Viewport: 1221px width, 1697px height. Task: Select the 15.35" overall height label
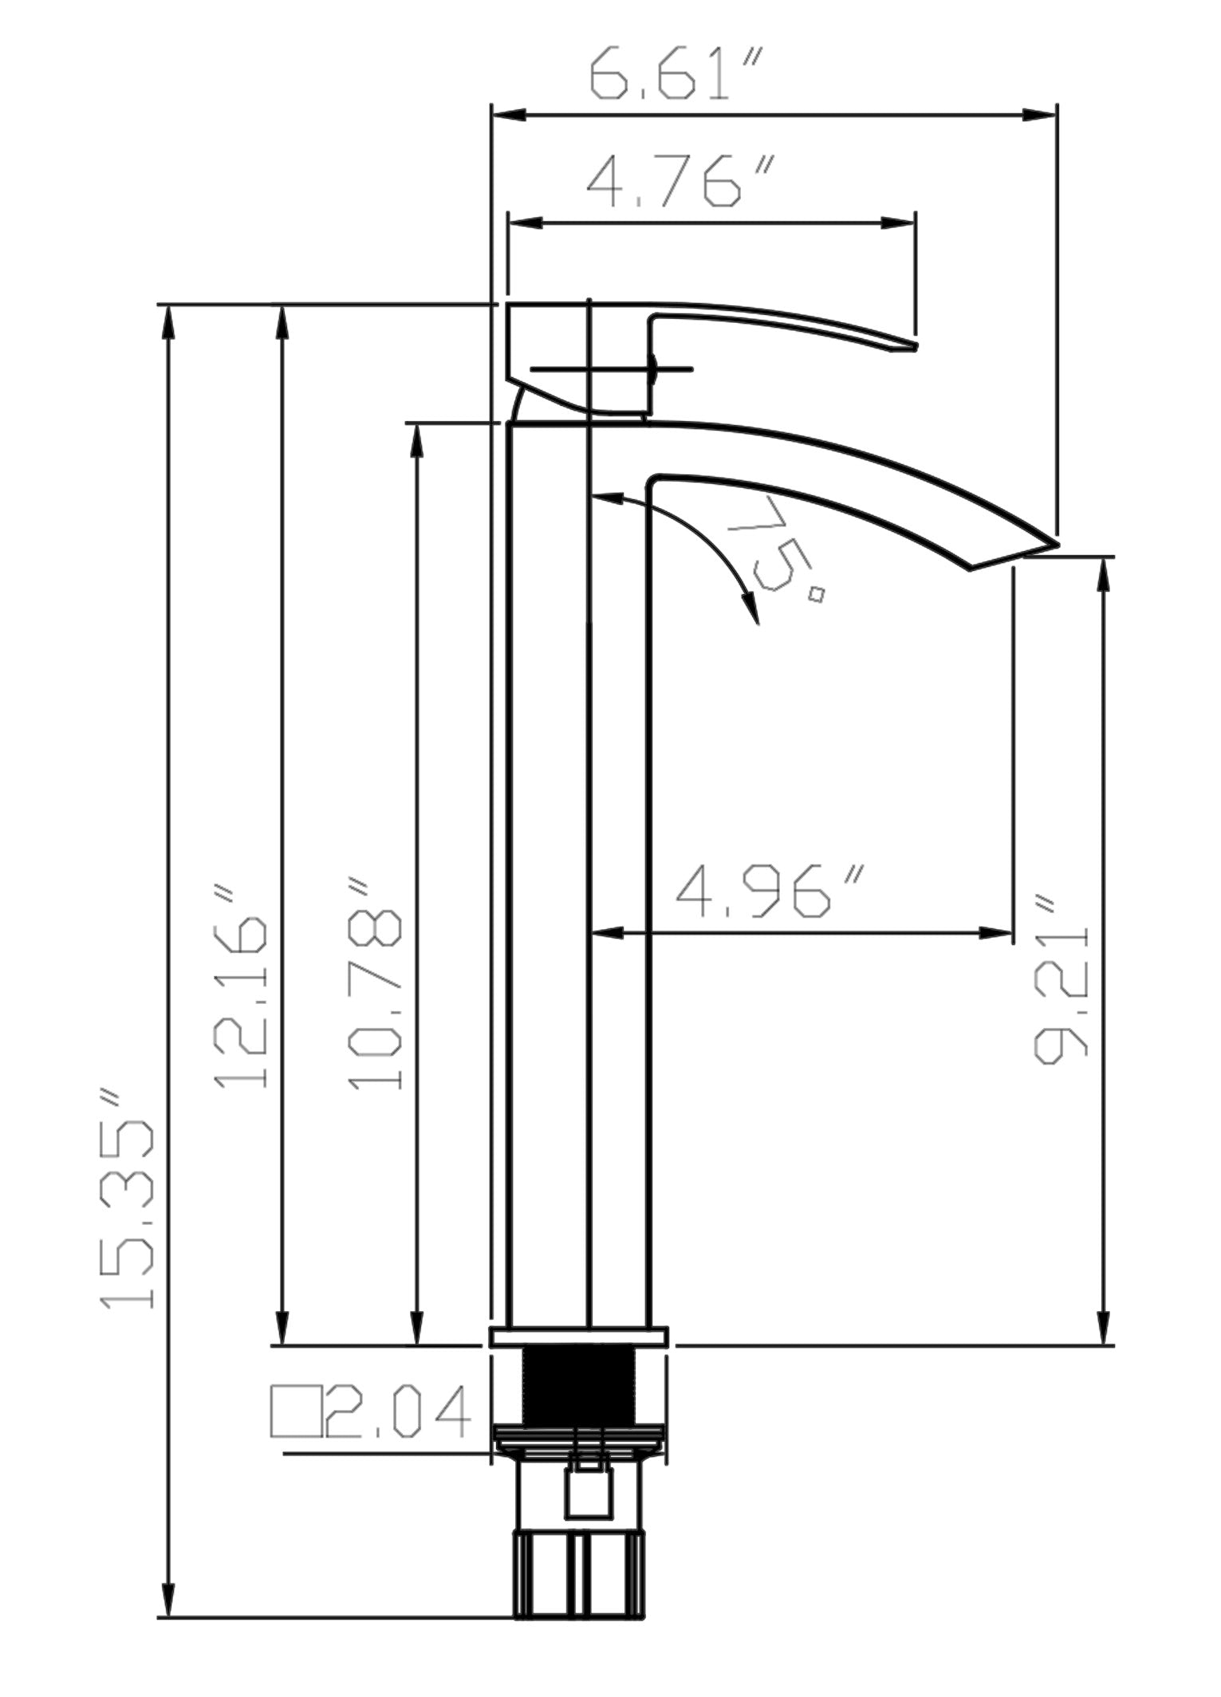128,1197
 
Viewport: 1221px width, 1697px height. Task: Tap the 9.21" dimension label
1061,980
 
